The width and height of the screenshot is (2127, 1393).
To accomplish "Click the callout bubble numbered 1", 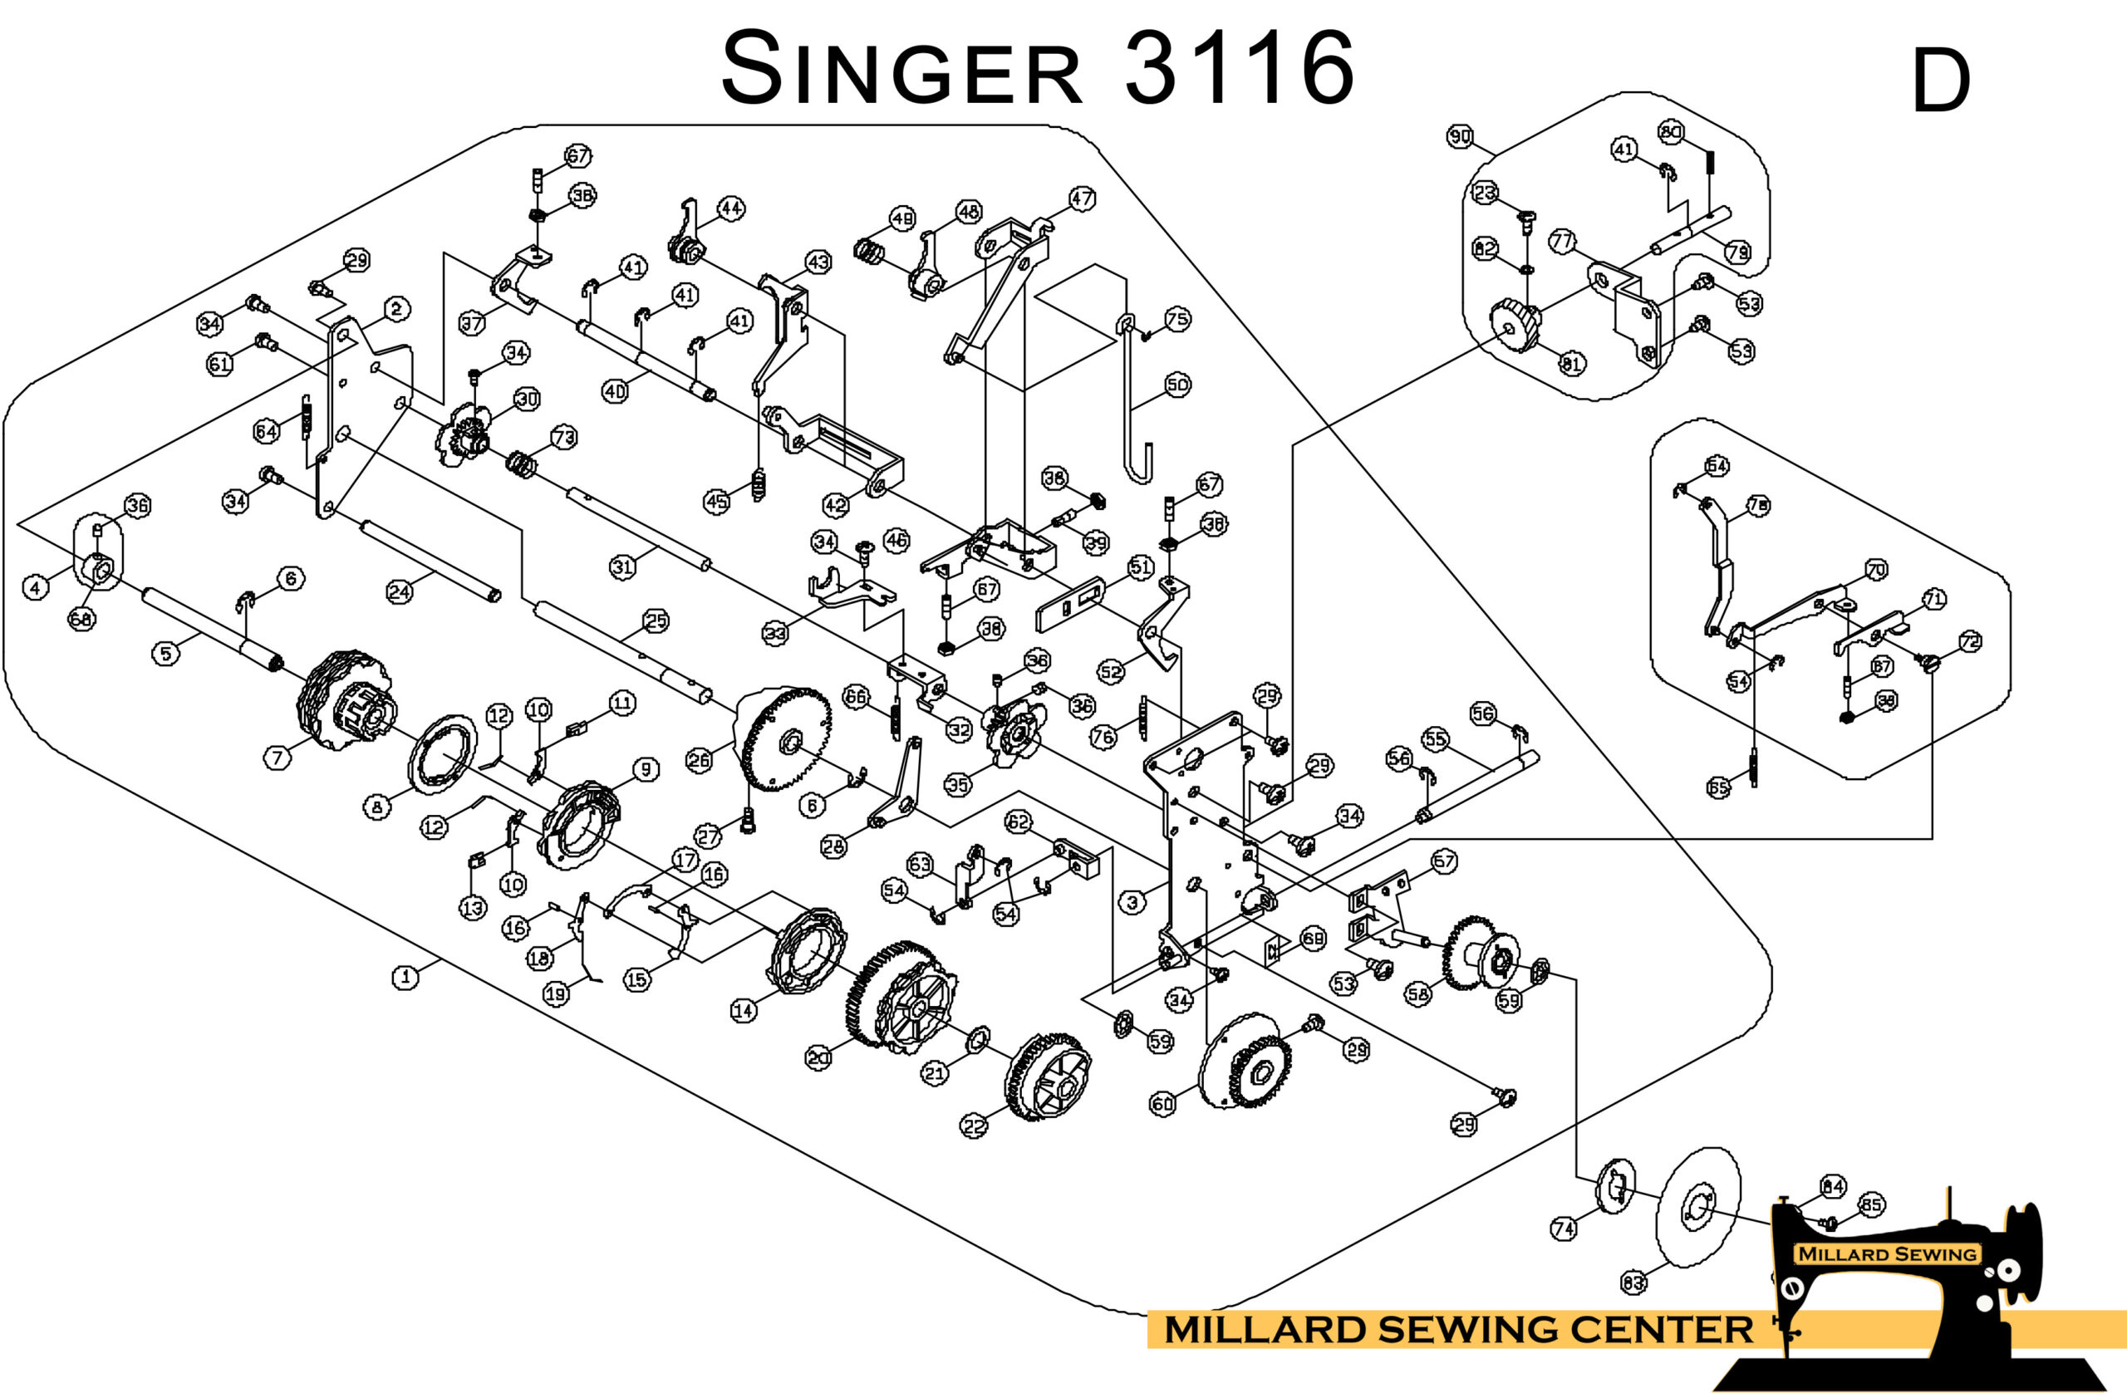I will (405, 977).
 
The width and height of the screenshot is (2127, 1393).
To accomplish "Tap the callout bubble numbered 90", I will (1460, 137).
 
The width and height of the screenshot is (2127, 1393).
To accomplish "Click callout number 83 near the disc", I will (1633, 1283).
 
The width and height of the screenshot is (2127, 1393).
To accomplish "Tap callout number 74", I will (1563, 1229).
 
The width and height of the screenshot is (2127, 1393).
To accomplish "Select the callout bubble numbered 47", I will (1082, 199).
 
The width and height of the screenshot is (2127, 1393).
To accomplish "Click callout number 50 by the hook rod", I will (1177, 385).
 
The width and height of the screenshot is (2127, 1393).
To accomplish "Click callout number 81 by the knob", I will (1572, 364).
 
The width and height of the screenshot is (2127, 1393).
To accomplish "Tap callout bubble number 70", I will (1876, 570).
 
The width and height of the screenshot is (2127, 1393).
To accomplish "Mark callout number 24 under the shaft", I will (400, 591).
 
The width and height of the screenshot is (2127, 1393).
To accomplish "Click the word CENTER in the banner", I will (1662, 1330).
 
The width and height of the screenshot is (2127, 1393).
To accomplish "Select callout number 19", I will (556, 993).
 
